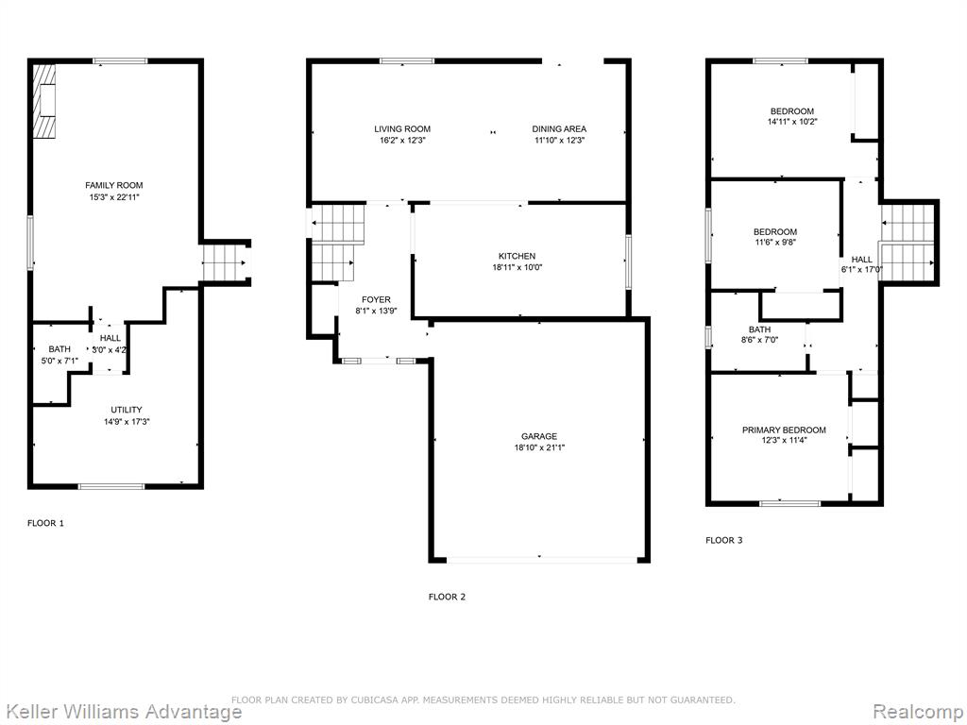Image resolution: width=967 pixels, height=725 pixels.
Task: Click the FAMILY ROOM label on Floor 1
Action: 114,185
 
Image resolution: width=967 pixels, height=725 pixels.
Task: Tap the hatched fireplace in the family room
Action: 44,101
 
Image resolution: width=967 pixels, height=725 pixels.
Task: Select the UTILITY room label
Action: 127,410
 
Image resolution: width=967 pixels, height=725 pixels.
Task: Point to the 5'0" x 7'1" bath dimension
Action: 59,361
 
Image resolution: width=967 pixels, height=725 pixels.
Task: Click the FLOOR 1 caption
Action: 45,523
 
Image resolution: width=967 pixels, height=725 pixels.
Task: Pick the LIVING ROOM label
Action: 402,128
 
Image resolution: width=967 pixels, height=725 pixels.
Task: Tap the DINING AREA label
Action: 559,128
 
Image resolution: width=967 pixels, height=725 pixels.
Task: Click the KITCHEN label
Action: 517,256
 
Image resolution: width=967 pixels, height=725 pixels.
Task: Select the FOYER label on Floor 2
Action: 376,299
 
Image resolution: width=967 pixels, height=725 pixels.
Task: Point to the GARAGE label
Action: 539,436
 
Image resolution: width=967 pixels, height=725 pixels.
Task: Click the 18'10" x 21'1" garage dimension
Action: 539,448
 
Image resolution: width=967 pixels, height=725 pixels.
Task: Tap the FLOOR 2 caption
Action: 447,597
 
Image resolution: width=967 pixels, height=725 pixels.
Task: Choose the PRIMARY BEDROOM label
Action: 784,430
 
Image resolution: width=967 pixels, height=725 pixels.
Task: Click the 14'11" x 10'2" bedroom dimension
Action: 792,122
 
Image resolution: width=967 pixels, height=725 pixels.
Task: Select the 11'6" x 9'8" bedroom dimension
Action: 774,243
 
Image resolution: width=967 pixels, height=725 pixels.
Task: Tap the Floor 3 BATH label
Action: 760,329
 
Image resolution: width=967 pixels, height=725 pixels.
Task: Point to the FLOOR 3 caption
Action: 724,540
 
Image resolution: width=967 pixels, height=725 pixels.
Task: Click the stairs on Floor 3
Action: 907,243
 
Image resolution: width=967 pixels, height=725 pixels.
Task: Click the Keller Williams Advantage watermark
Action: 122,712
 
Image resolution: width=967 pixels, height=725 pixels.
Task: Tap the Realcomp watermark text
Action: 919,712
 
